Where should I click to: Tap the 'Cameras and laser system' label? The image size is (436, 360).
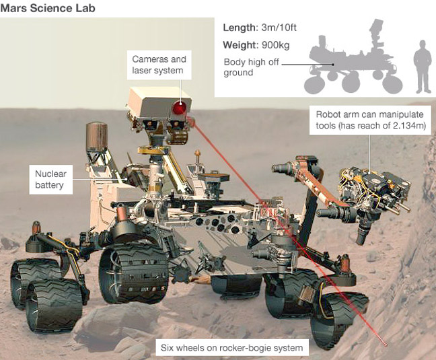[158, 65]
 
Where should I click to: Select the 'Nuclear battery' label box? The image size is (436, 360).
[51, 179]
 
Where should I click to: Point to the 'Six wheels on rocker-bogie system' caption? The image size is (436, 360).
[231, 348]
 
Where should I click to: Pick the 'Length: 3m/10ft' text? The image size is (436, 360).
[259, 28]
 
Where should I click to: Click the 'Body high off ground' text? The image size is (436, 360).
[248, 68]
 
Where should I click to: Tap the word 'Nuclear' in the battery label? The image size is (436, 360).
[51, 174]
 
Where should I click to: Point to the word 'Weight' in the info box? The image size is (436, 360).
[238, 46]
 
